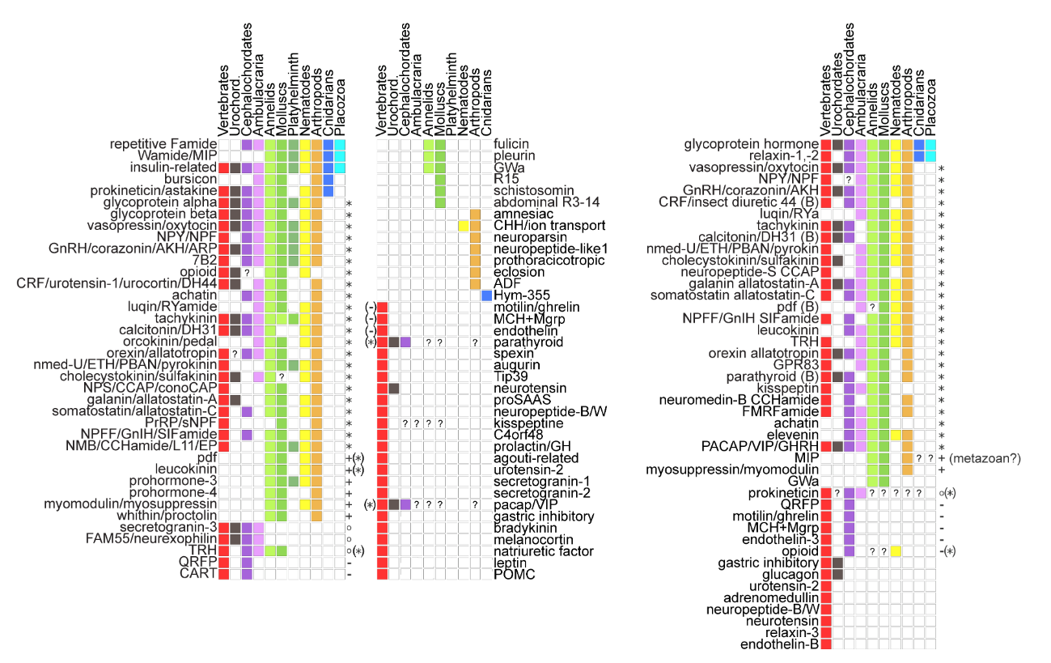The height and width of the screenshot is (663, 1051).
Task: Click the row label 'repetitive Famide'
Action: click(x=166, y=144)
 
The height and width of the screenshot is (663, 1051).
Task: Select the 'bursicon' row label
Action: click(x=190, y=179)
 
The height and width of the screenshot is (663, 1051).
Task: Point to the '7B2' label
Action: click(x=205, y=261)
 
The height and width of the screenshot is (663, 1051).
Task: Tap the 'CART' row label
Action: click(x=199, y=574)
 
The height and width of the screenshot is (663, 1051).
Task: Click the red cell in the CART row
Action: click(x=224, y=574)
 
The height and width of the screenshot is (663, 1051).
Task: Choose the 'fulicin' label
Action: click(x=510, y=144)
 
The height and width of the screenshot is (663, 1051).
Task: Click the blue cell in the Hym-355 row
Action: click(x=487, y=295)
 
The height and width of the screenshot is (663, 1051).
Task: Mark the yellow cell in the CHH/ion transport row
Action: click(x=464, y=226)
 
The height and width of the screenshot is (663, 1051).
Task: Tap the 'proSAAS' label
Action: click(x=517, y=401)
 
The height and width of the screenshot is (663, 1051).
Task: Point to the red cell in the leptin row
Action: click(x=382, y=563)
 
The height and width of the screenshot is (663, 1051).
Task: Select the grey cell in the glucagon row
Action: click(x=837, y=574)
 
